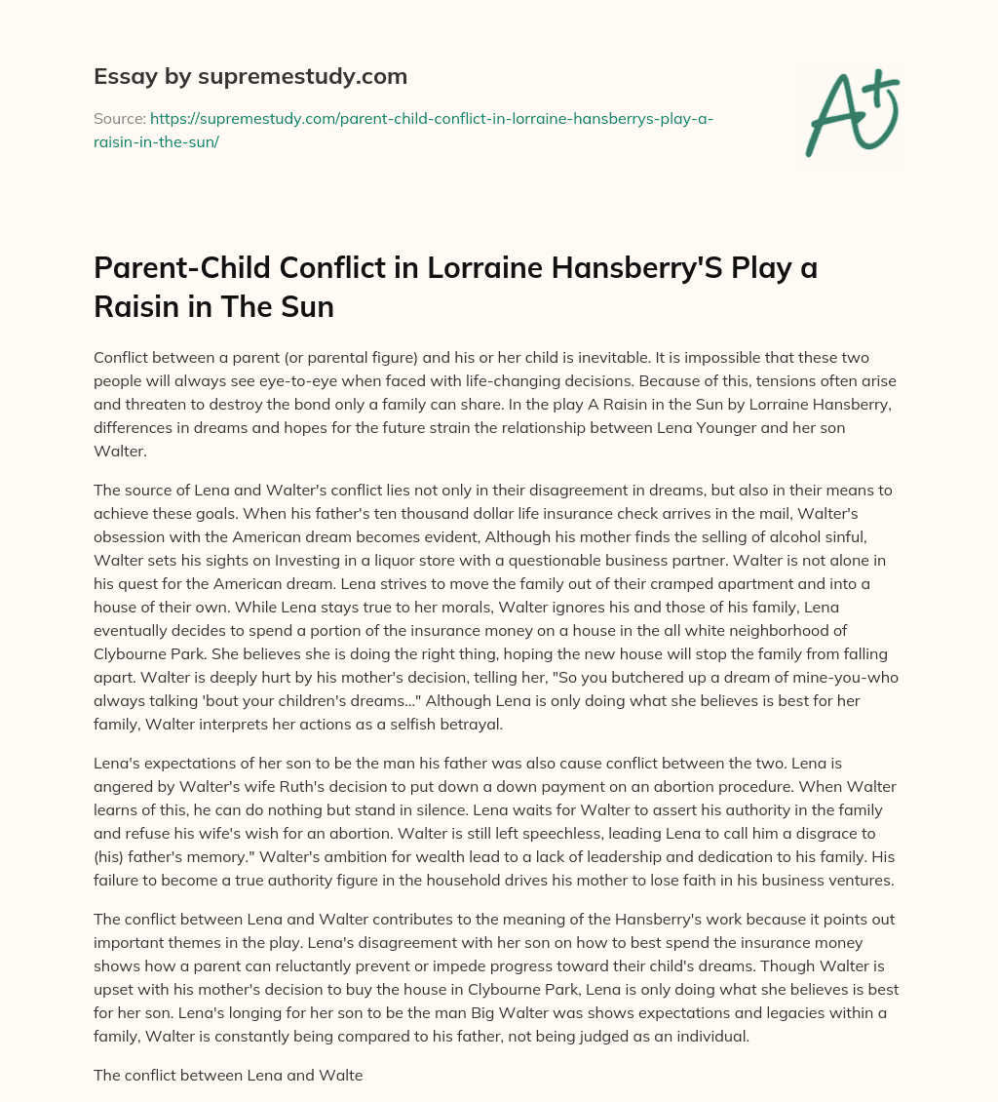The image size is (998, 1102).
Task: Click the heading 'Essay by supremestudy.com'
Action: pyautogui.click(x=249, y=76)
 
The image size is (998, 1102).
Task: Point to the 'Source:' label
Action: pyautogui.click(x=119, y=118)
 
